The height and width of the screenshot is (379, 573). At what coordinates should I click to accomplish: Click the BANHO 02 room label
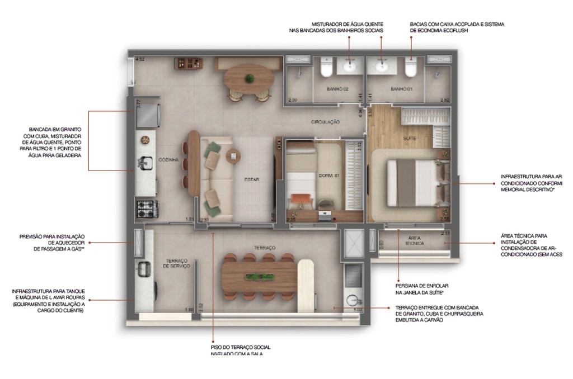[x=338, y=89]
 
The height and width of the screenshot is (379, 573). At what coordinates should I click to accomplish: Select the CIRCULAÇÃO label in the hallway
[x=326, y=122]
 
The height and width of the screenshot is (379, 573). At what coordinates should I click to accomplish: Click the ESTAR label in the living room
[x=251, y=179]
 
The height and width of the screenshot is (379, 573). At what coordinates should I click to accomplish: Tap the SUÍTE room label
[x=409, y=137]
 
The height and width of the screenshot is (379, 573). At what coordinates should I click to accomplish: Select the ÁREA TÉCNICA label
[x=415, y=240]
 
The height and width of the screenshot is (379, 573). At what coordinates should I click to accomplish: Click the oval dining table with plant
[x=250, y=78]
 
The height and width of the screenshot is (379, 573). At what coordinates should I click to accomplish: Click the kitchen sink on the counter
[x=145, y=163]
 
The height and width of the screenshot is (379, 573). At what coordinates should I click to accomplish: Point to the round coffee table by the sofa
[x=233, y=156]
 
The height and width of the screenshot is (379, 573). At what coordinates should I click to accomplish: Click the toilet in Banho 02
[x=327, y=69]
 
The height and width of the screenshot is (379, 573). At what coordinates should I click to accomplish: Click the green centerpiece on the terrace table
[x=257, y=276]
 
